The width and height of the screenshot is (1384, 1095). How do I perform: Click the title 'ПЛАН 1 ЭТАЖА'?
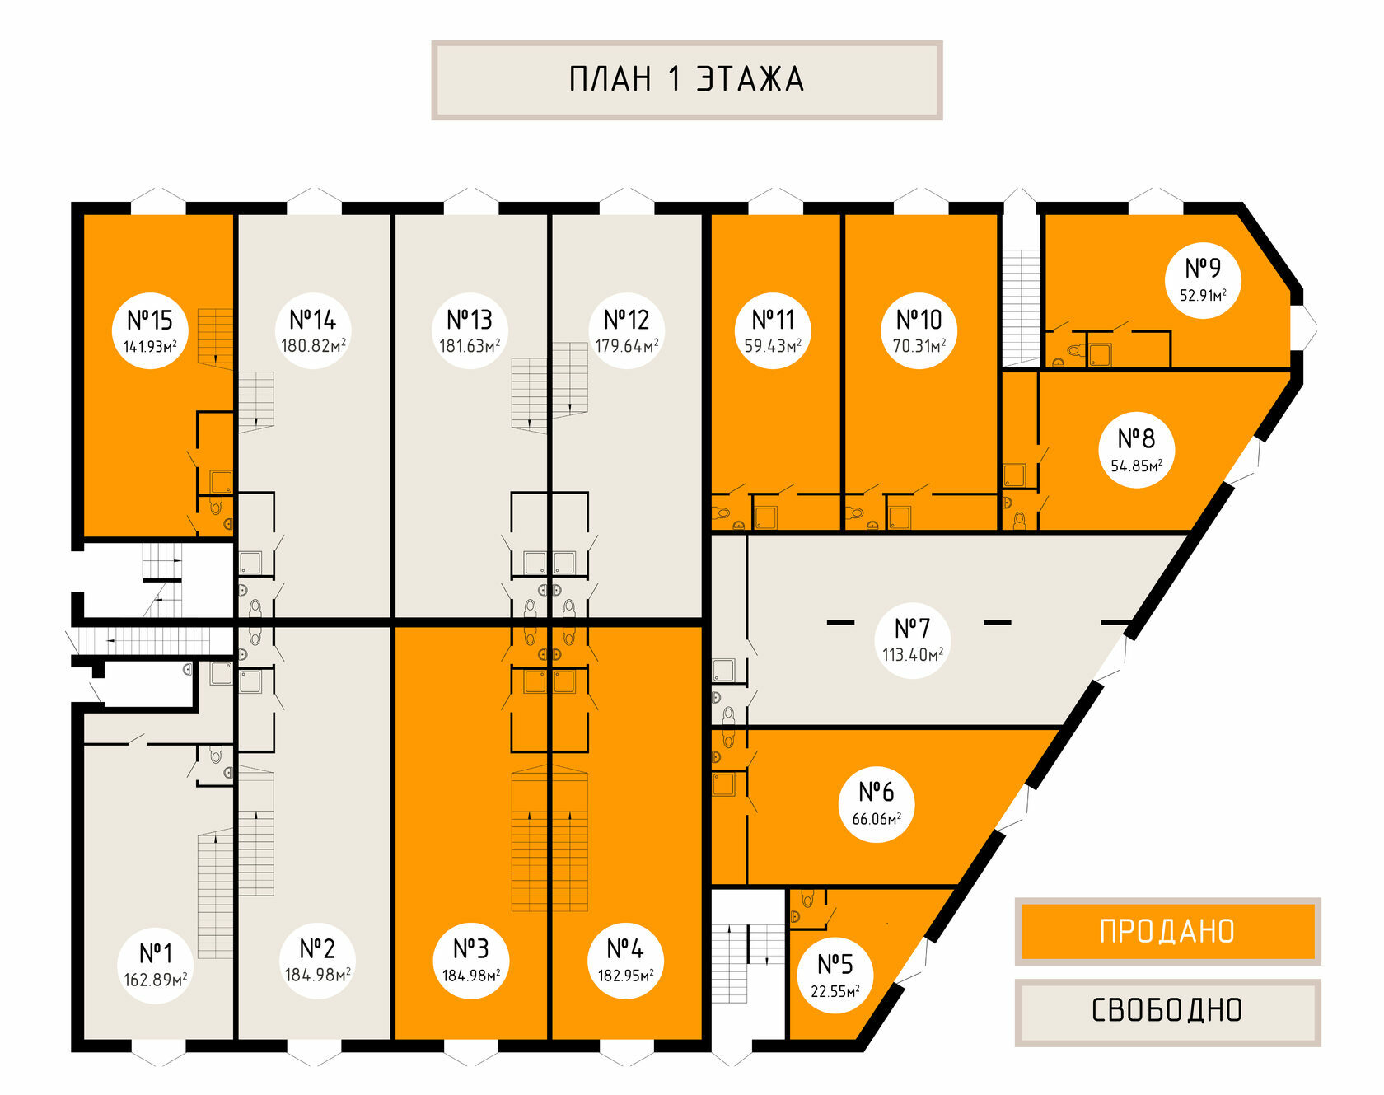click(x=686, y=80)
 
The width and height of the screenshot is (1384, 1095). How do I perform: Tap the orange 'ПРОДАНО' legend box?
click(x=1167, y=931)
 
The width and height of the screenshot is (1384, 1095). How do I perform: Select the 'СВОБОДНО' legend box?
click(x=1167, y=1010)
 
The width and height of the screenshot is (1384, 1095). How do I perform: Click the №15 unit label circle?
click(x=150, y=330)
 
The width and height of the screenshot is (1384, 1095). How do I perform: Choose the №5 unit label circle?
click(x=835, y=975)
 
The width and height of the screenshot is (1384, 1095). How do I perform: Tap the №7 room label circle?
click(x=912, y=640)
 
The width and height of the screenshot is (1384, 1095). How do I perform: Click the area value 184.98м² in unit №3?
click(x=471, y=976)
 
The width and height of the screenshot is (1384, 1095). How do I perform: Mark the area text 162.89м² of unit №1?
click(x=155, y=980)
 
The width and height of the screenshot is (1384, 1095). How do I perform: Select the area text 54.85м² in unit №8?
click(x=1136, y=466)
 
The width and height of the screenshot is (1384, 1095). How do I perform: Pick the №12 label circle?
click(x=626, y=330)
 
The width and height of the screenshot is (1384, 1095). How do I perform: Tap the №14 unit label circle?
click(x=313, y=330)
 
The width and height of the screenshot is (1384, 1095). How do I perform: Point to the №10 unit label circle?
click(x=919, y=330)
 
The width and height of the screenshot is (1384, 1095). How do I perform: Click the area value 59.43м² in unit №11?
click(x=773, y=346)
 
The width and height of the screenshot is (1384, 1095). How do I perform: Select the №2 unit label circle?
click(x=317, y=960)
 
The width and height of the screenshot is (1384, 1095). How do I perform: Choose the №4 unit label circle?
click(x=625, y=960)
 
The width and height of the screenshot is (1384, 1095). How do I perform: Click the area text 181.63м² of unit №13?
click(x=470, y=346)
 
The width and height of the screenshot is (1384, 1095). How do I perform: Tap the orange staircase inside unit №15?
click(x=215, y=338)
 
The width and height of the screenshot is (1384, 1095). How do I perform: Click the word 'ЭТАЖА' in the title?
click(x=750, y=80)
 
